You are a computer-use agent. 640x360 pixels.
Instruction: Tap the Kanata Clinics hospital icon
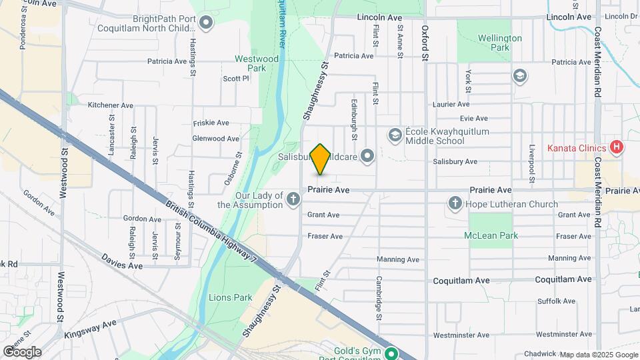(x=617, y=147)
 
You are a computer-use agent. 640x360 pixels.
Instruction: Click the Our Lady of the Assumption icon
(x=293, y=198)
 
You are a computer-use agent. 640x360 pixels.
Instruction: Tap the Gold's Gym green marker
(x=392, y=354)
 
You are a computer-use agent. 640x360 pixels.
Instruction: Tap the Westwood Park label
(x=257, y=63)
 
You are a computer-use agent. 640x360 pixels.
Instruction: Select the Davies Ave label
(x=122, y=261)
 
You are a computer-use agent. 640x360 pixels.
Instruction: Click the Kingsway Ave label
(x=90, y=329)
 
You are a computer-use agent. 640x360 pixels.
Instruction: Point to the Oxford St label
(x=425, y=44)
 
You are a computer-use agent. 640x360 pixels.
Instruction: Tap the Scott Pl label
(x=236, y=78)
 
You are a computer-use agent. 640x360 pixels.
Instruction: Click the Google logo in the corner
(x=22, y=351)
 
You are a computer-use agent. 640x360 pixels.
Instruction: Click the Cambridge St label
(x=378, y=299)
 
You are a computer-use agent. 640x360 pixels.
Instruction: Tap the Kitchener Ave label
(x=111, y=105)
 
